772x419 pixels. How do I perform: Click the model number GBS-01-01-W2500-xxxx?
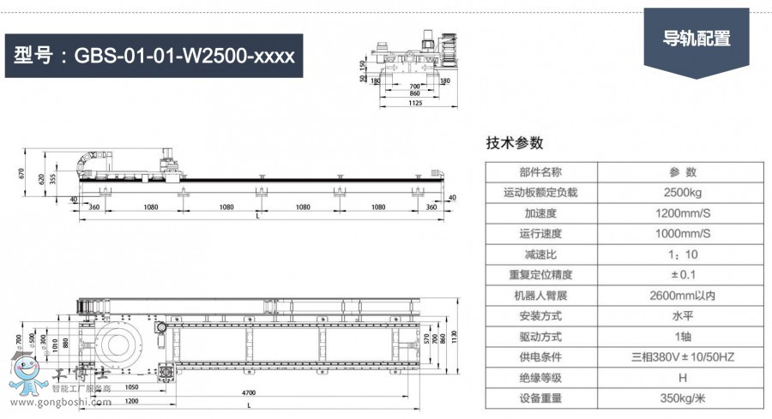click(x=154, y=56)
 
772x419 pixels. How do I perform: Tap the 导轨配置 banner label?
click(x=697, y=39)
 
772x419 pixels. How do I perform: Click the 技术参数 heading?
click(x=515, y=143)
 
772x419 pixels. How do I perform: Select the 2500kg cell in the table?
click(x=683, y=193)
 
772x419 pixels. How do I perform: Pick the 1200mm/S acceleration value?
click(x=683, y=213)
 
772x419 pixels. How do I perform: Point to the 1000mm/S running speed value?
click(x=683, y=234)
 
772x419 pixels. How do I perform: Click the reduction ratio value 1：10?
click(x=683, y=254)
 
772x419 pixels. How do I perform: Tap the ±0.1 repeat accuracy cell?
click(x=683, y=275)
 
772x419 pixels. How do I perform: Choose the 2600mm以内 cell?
click(x=683, y=296)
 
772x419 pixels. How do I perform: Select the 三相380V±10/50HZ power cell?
click(x=683, y=357)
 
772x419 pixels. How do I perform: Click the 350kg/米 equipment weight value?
click(x=683, y=398)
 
